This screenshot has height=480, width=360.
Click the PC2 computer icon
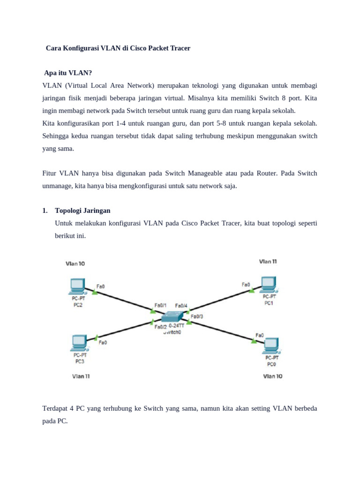pos(77,285)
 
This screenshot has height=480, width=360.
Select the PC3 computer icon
pos(79,343)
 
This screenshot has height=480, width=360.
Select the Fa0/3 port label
pos(197,316)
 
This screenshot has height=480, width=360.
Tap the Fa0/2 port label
pos(160,327)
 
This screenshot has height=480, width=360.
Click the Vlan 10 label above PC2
pos(75,263)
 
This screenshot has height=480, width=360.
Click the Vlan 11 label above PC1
pos(268,261)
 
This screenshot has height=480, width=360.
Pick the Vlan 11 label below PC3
pos(81,376)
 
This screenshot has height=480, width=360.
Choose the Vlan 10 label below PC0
pos(273,376)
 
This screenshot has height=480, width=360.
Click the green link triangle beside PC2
pos(95,292)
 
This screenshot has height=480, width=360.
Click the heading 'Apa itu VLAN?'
pos(68,73)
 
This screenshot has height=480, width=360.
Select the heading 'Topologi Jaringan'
pos(82,210)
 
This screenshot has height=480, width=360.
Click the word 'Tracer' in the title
pos(179,48)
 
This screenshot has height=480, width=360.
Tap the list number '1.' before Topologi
pos(45,210)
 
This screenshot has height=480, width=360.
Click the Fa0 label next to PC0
pos(260,335)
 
